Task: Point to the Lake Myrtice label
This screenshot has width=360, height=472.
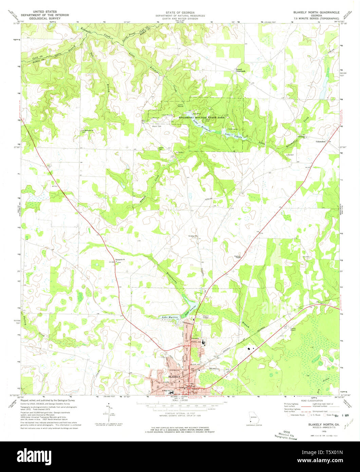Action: pos(169,317)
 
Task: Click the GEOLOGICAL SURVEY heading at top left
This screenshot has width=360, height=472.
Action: pos(45,19)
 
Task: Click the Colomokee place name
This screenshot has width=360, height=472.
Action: pos(321,142)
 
